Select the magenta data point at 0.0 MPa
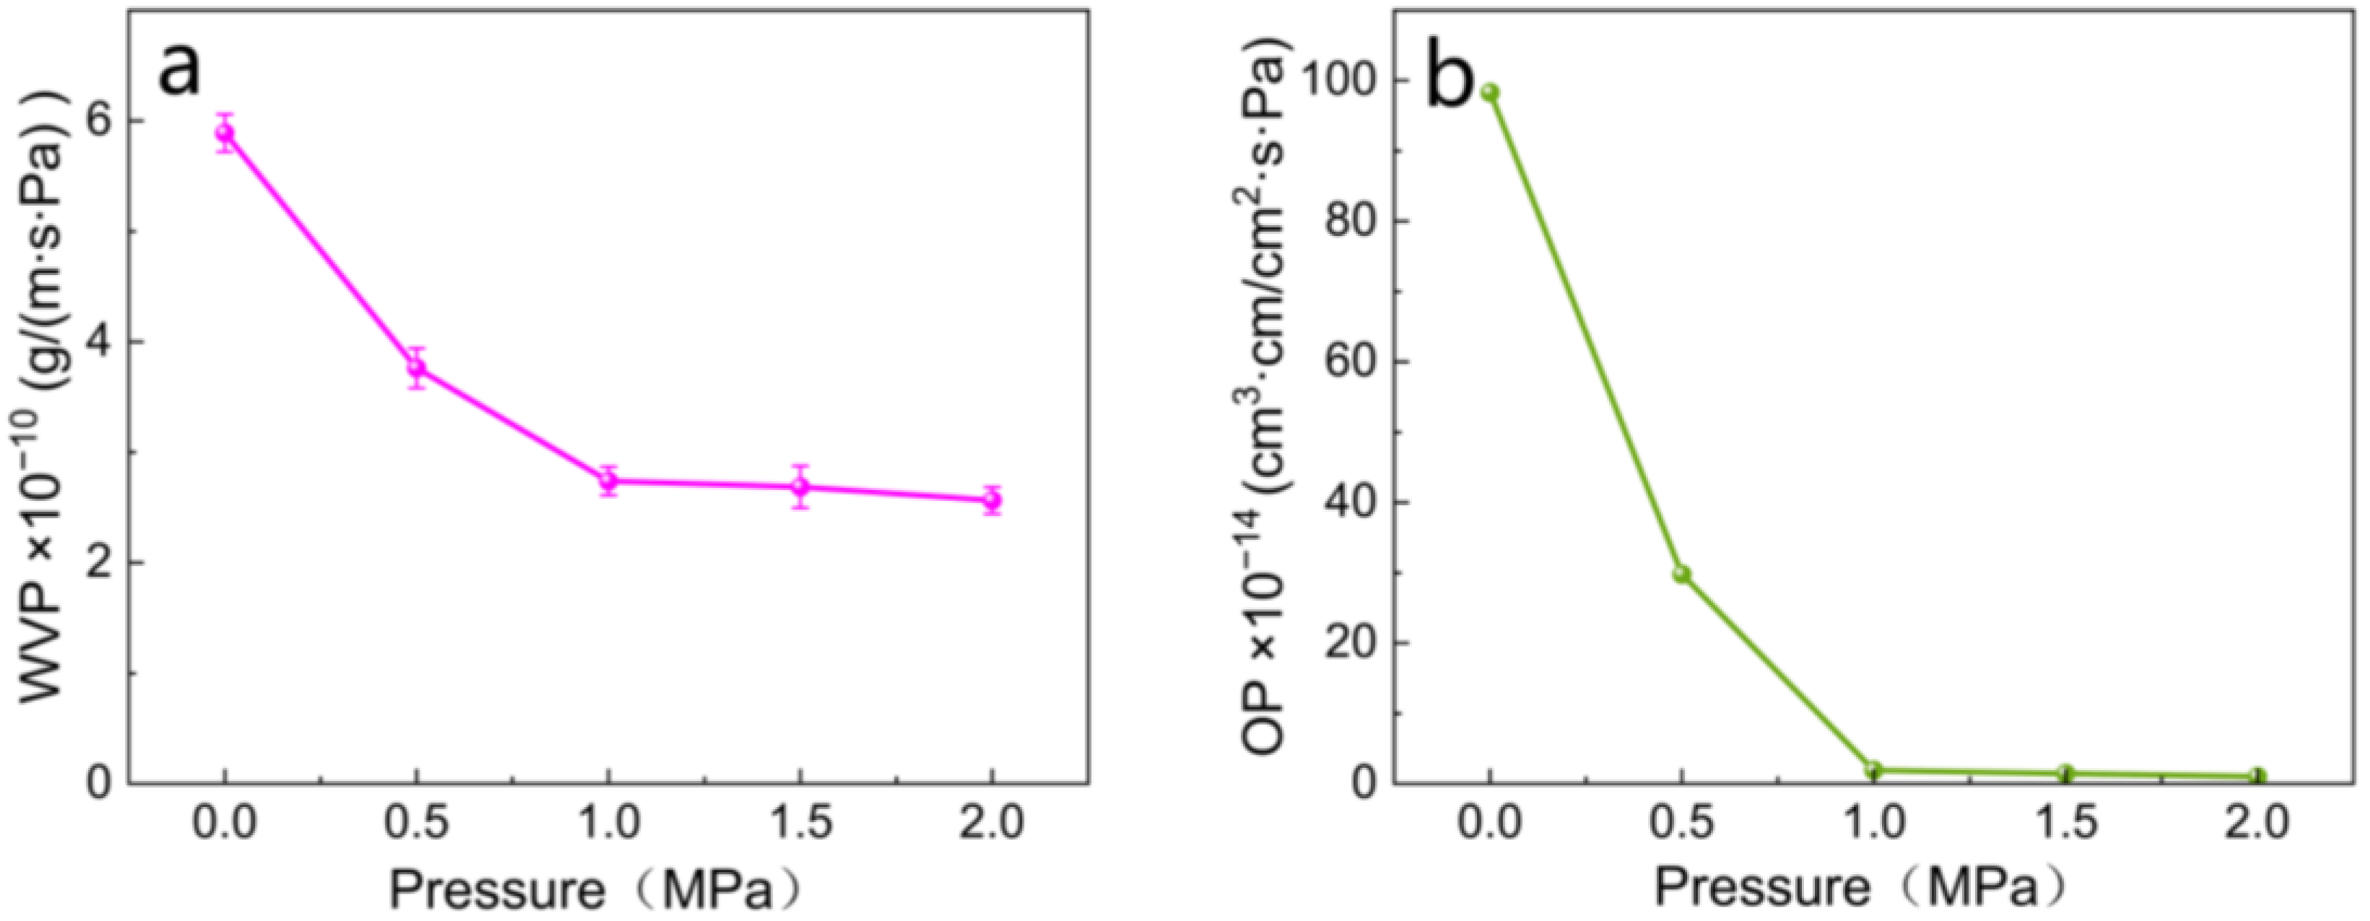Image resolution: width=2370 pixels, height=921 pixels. pyautogui.click(x=225, y=134)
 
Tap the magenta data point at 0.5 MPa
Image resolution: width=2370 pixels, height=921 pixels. pyautogui.click(x=417, y=368)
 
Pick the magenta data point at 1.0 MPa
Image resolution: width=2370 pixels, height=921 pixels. pyautogui.click(x=608, y=480)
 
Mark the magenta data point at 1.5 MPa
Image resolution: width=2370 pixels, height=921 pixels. pyautogui.click(x=801, y=486)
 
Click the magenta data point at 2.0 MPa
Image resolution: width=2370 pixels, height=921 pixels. pyautogui.click(x=992, y=499)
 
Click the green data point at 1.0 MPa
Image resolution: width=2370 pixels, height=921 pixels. pyautogui.click(x=1873, y=769)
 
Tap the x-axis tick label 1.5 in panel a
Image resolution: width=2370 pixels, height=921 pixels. pyautogui.click(x=801, y=821)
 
